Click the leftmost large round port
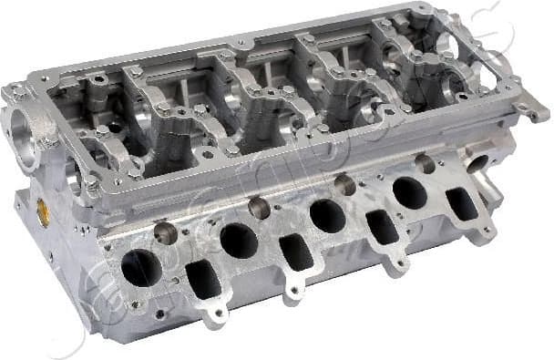141,268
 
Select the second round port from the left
239,242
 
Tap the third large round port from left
327,216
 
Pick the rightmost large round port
409,192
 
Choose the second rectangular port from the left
296,251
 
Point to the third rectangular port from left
382,226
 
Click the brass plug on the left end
42,214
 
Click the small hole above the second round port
260,208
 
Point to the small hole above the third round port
344,185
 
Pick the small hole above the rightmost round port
426,164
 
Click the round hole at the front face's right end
477,162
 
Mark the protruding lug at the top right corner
536,113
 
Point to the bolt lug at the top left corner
16,92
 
